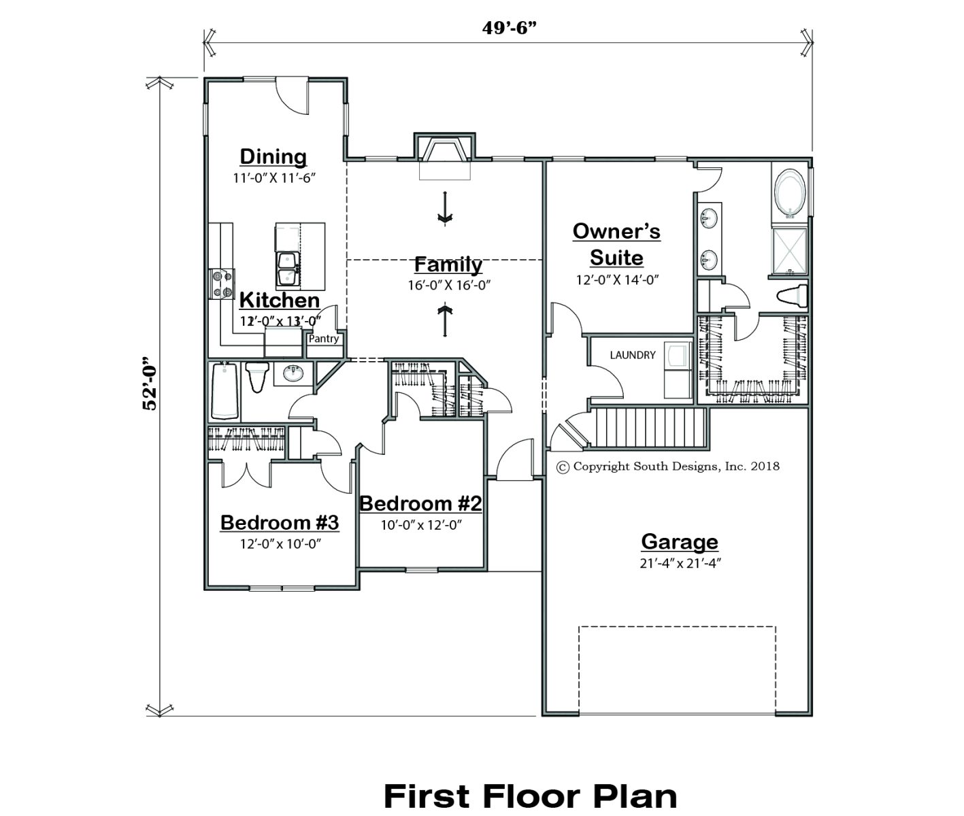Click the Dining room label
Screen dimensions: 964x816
click(273, 156)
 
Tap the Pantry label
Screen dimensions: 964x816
click(324, 339)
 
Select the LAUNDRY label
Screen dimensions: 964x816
click(633, 356)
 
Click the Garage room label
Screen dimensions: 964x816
click(680, 541)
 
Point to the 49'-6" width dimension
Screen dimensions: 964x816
click(510, 28)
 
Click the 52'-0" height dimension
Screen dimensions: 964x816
click(150, 384)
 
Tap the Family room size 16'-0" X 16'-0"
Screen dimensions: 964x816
click(449, 285)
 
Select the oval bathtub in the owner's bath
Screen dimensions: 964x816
click(790, 194)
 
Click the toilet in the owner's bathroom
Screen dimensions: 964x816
click(792, 296)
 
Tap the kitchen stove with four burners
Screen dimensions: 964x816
click(222, 284)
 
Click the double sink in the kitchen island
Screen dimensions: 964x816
click(288, 269)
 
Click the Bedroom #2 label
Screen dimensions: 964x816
click(420, 504)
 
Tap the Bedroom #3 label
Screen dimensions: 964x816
click(280, 522)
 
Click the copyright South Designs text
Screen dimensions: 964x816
click(668, 466)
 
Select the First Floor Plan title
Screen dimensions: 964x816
click(530, 796)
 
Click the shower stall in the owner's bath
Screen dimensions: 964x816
click(790, 251)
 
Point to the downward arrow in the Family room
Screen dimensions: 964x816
click(445, 208)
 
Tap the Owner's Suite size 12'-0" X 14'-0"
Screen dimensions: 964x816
click(617, 279)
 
